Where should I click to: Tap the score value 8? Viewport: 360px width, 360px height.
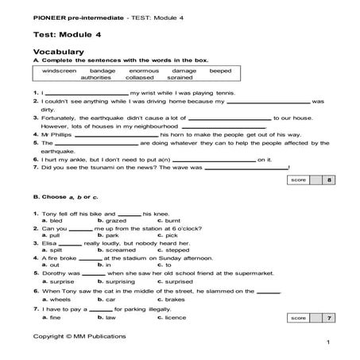point(329,181)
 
